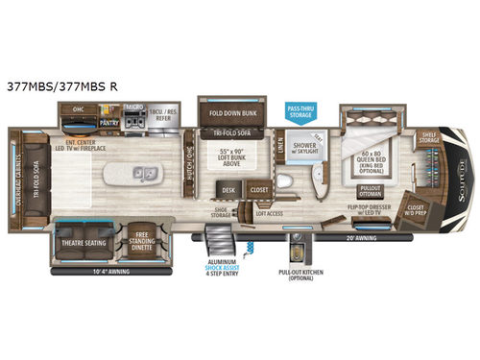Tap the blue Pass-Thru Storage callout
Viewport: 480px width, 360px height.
pos(300,108)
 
